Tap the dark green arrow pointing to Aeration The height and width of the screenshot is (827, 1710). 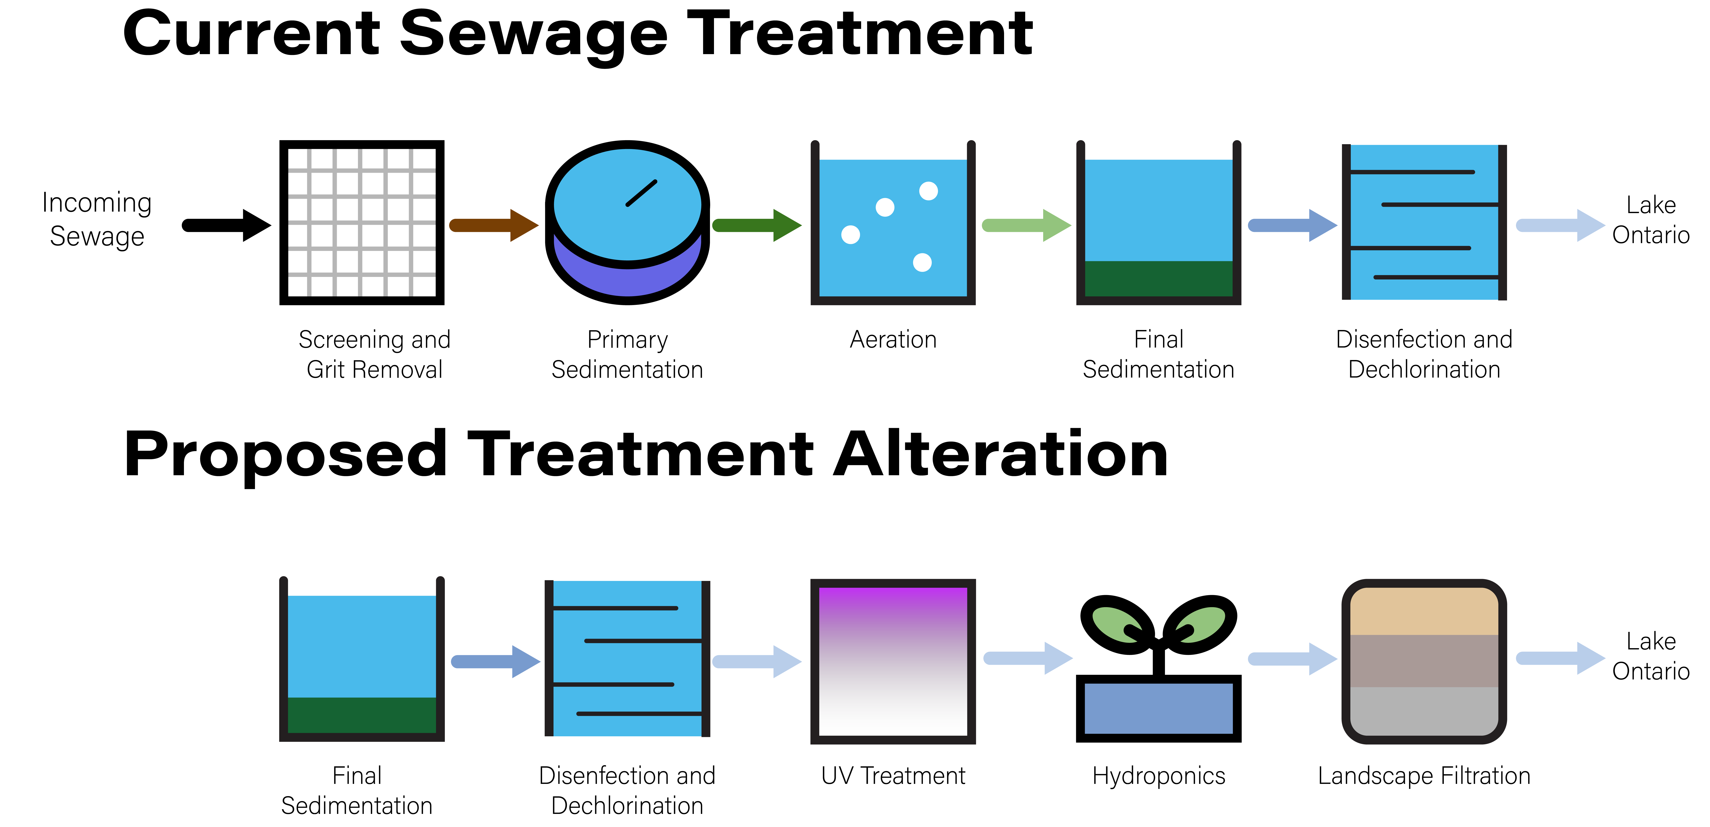(757, 226)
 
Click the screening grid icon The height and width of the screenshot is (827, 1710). (362, 222)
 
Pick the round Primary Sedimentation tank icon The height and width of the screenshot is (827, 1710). (627, 222)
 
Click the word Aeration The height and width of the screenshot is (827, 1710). (893, 340)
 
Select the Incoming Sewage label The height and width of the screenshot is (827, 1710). (97, 219)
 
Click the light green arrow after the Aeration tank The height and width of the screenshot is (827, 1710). (1026, 226)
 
